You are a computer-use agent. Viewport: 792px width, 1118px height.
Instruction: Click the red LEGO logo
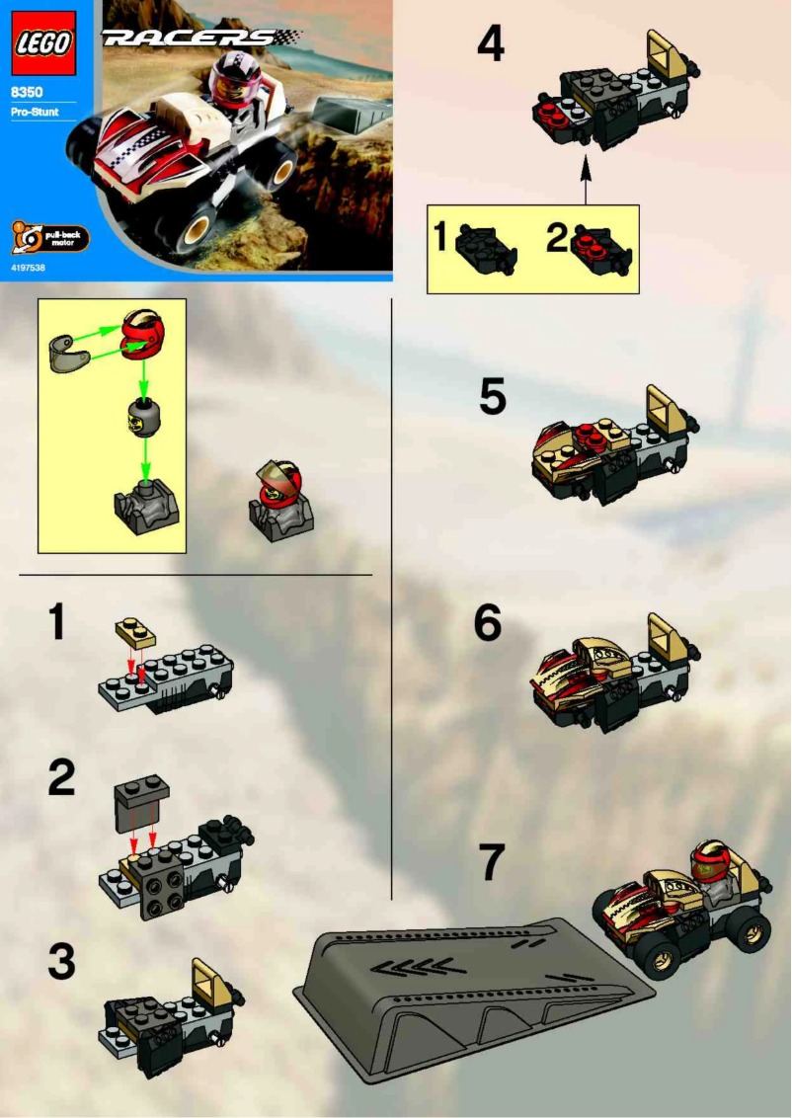point(42,43)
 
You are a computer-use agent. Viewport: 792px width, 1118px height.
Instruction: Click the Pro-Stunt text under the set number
point(36,112)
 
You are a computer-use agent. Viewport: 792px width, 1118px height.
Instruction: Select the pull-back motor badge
point(48,238)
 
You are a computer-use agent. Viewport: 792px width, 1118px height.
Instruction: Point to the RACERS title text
point(189,39)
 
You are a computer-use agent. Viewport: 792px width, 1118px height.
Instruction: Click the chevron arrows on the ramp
point(416,962)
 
